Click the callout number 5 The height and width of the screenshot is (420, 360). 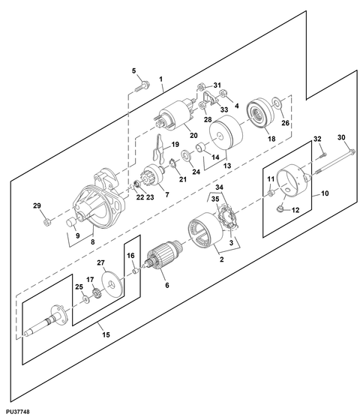[x=134, y=70]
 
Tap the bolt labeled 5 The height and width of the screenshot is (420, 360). [x=142, y=86]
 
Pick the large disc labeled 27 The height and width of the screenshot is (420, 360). [x=112, y=284]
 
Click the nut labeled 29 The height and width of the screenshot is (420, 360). [x=47, y=222]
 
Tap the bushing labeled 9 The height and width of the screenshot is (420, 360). [x=71, y=222]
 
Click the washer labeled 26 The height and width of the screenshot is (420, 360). [x=277, y=103]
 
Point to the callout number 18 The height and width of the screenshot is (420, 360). [x=271, y=139]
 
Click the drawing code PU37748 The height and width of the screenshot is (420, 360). [x=15, y=411]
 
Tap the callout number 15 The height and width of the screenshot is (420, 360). [x=106, y=334]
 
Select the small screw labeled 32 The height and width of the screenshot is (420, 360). [x=323, y=154]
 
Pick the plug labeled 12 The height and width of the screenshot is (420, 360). [x=280, y=208]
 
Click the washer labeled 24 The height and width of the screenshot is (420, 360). [x=186, y=156]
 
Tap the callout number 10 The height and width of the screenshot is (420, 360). [x=325, y=193]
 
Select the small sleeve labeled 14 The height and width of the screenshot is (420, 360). [x=202, y=147]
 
